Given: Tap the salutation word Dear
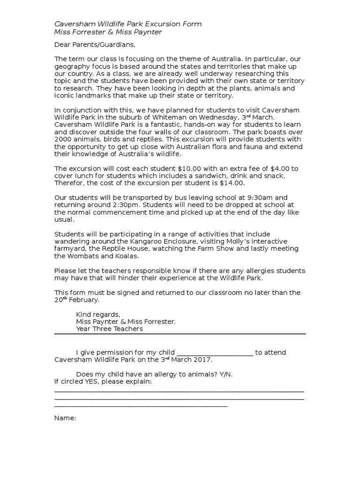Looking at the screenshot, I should point(62,45).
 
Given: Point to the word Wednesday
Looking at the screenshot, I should point(226,117).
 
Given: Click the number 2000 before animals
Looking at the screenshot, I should point(62,139).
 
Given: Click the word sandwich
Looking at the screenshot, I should point(219,176).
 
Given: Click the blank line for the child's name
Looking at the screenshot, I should point(215,353).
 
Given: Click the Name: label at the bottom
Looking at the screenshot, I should point(65,418).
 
